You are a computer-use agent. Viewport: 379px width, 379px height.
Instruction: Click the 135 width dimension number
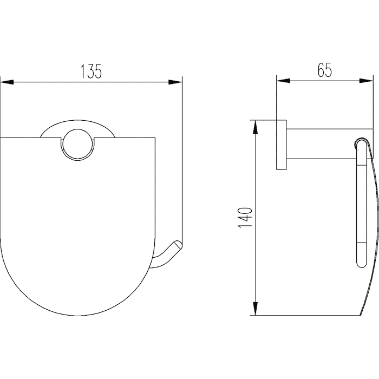tap(91, 71)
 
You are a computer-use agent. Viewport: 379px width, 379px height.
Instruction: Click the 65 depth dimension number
tap(325, 70)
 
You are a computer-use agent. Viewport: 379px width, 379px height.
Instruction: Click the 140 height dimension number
tap(246, 218)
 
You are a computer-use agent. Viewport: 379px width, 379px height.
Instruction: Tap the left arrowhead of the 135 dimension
tap(6, 82)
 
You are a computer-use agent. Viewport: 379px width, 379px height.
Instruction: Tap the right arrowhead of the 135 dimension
tap(175, 82)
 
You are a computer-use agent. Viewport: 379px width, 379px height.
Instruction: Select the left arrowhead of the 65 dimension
tap(283, 81)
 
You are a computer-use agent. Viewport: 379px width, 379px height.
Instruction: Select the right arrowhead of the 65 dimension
tap(367, 81)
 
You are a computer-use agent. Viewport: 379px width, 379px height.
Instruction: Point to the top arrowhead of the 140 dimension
tap(256, 127)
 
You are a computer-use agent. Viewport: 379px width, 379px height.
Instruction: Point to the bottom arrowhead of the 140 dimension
tap(256, 309)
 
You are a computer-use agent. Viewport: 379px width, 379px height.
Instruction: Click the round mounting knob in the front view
tap(77, 145)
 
